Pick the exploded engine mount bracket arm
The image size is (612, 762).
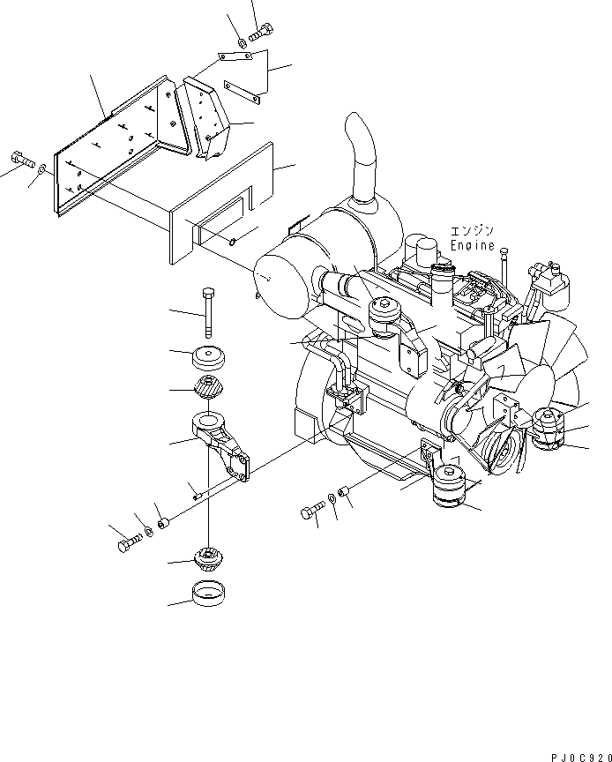pos(220,441)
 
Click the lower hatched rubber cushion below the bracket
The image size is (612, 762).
pos(208,557)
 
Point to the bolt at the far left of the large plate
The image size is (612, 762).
pos(21,161)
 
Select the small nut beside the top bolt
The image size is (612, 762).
pos(241,42)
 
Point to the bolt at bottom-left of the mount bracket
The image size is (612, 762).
pos(127,544)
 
